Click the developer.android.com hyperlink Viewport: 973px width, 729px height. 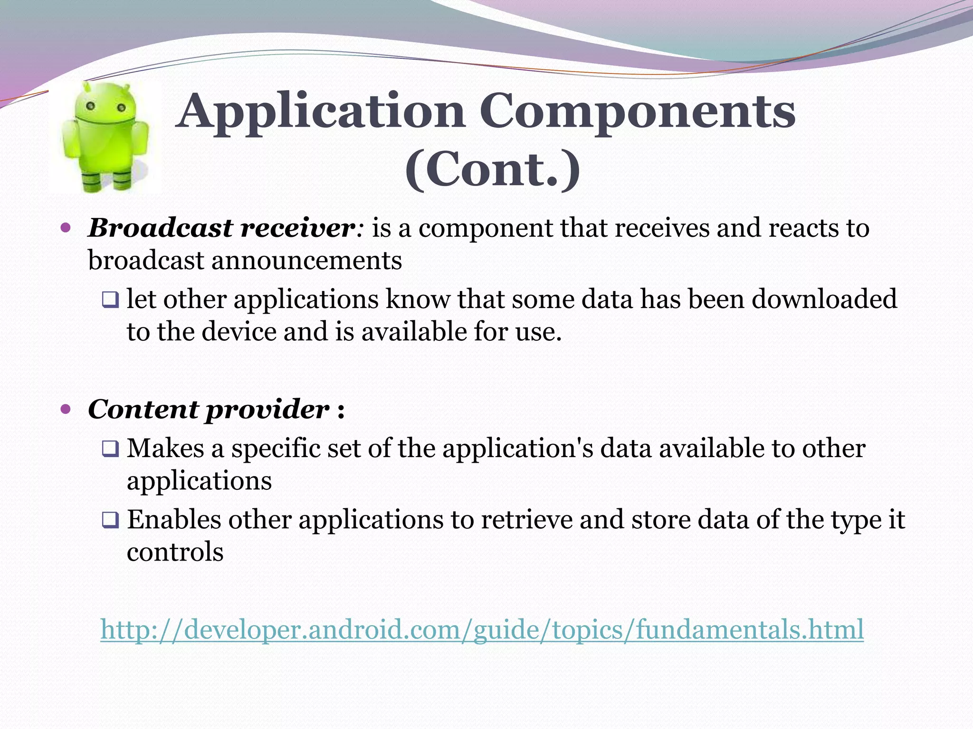coord(482,629)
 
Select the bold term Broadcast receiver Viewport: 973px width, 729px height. coord(221,228)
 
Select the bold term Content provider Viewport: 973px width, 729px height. coord(208,409)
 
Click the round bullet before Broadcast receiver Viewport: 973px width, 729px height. coord(66,228)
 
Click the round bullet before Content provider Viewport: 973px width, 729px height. coord(66,409)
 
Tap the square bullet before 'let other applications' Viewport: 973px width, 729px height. coord(110,300)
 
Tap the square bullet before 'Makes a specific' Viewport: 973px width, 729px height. coord(110,449)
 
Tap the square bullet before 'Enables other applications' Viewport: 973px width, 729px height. coord(110,521)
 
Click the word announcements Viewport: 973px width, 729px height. coord(306,261)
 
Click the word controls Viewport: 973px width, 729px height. coord(175,552)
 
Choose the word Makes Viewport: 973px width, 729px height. coord(165,448)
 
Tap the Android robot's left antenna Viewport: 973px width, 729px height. coord(86,87)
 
